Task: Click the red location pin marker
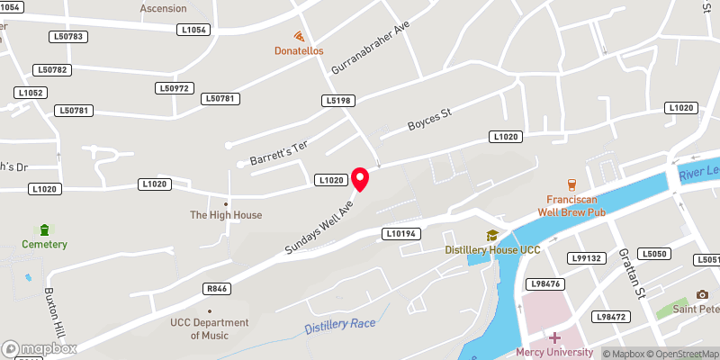(x=361, y=178)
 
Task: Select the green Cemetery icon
(x=44, y=230)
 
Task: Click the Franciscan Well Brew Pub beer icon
(x=570, y=184)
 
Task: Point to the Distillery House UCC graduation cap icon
(x=492, y=236)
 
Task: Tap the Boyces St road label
(x=428, y=122)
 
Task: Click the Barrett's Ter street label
(x=278, y=150)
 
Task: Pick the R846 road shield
(x=216, y=289)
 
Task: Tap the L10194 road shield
(x=401, y=234)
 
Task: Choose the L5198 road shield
(x=337, y=100)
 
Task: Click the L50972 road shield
(x=175, y=88)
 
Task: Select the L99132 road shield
(x=585, y=258)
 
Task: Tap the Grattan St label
(x=634, y=274)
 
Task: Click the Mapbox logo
(x=40, y=348)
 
